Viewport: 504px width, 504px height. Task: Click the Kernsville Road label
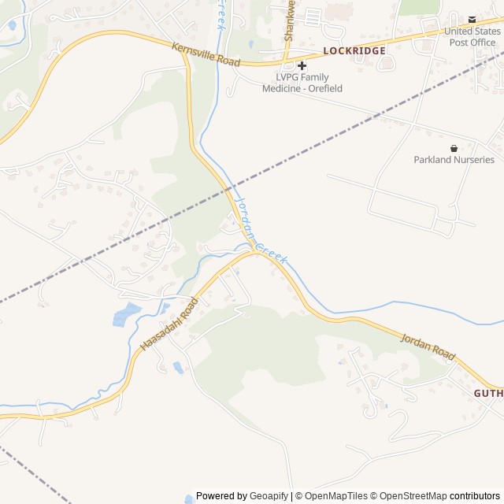pos(207,54)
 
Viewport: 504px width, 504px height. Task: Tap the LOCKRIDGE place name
pos(354,50)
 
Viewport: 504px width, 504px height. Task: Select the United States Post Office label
pos(472,36)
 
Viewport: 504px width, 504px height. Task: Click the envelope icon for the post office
pos(472,19)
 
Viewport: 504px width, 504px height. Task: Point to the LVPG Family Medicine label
pos(302,83)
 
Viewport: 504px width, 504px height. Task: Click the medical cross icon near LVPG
pos(302,65)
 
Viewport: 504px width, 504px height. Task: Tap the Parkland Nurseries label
pos(454,160)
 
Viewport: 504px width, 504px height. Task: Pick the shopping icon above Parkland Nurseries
pos(454,147)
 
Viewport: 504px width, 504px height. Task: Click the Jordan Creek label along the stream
pos(261,231)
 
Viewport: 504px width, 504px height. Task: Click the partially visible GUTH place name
pos(488,392)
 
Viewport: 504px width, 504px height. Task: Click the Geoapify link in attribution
pos(269,496)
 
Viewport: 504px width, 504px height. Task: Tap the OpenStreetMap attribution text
pos(413,496)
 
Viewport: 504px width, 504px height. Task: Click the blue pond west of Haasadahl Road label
pos(126,313)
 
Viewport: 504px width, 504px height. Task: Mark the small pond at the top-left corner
pos(11,25)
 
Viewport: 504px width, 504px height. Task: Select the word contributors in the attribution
pos(475,496)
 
